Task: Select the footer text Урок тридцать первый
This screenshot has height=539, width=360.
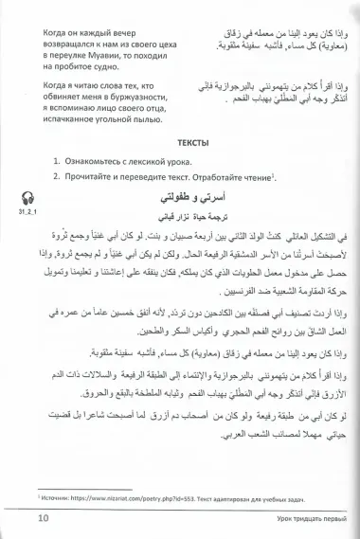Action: tap(293, 517)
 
